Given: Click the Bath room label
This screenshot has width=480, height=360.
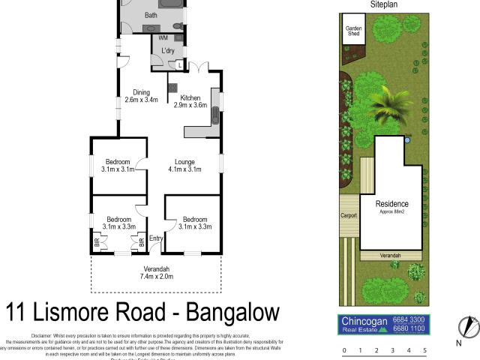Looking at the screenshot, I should [x=151, y=15].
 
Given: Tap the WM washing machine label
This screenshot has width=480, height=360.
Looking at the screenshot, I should [x=163, y=37].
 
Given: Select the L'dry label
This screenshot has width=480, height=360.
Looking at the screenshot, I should [x=168, y=51].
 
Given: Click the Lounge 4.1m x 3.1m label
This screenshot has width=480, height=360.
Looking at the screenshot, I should [x=184, y=165].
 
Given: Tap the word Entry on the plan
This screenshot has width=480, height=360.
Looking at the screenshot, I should [x=155, y=239].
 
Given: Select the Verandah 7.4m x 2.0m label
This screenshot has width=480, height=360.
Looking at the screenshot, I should [x=157, y=272].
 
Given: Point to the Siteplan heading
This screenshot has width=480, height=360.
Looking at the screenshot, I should [x=383, y=4].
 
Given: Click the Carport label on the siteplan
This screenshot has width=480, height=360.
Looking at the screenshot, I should [x=349, y=214].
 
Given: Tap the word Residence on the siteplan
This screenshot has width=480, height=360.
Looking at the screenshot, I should [x=391, y=204].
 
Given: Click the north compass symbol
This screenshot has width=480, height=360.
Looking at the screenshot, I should [x=468, y=326].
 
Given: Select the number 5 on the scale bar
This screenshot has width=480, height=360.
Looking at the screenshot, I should [x=424, y=350].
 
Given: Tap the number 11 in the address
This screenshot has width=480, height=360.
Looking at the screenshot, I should [x=19, y=311].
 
